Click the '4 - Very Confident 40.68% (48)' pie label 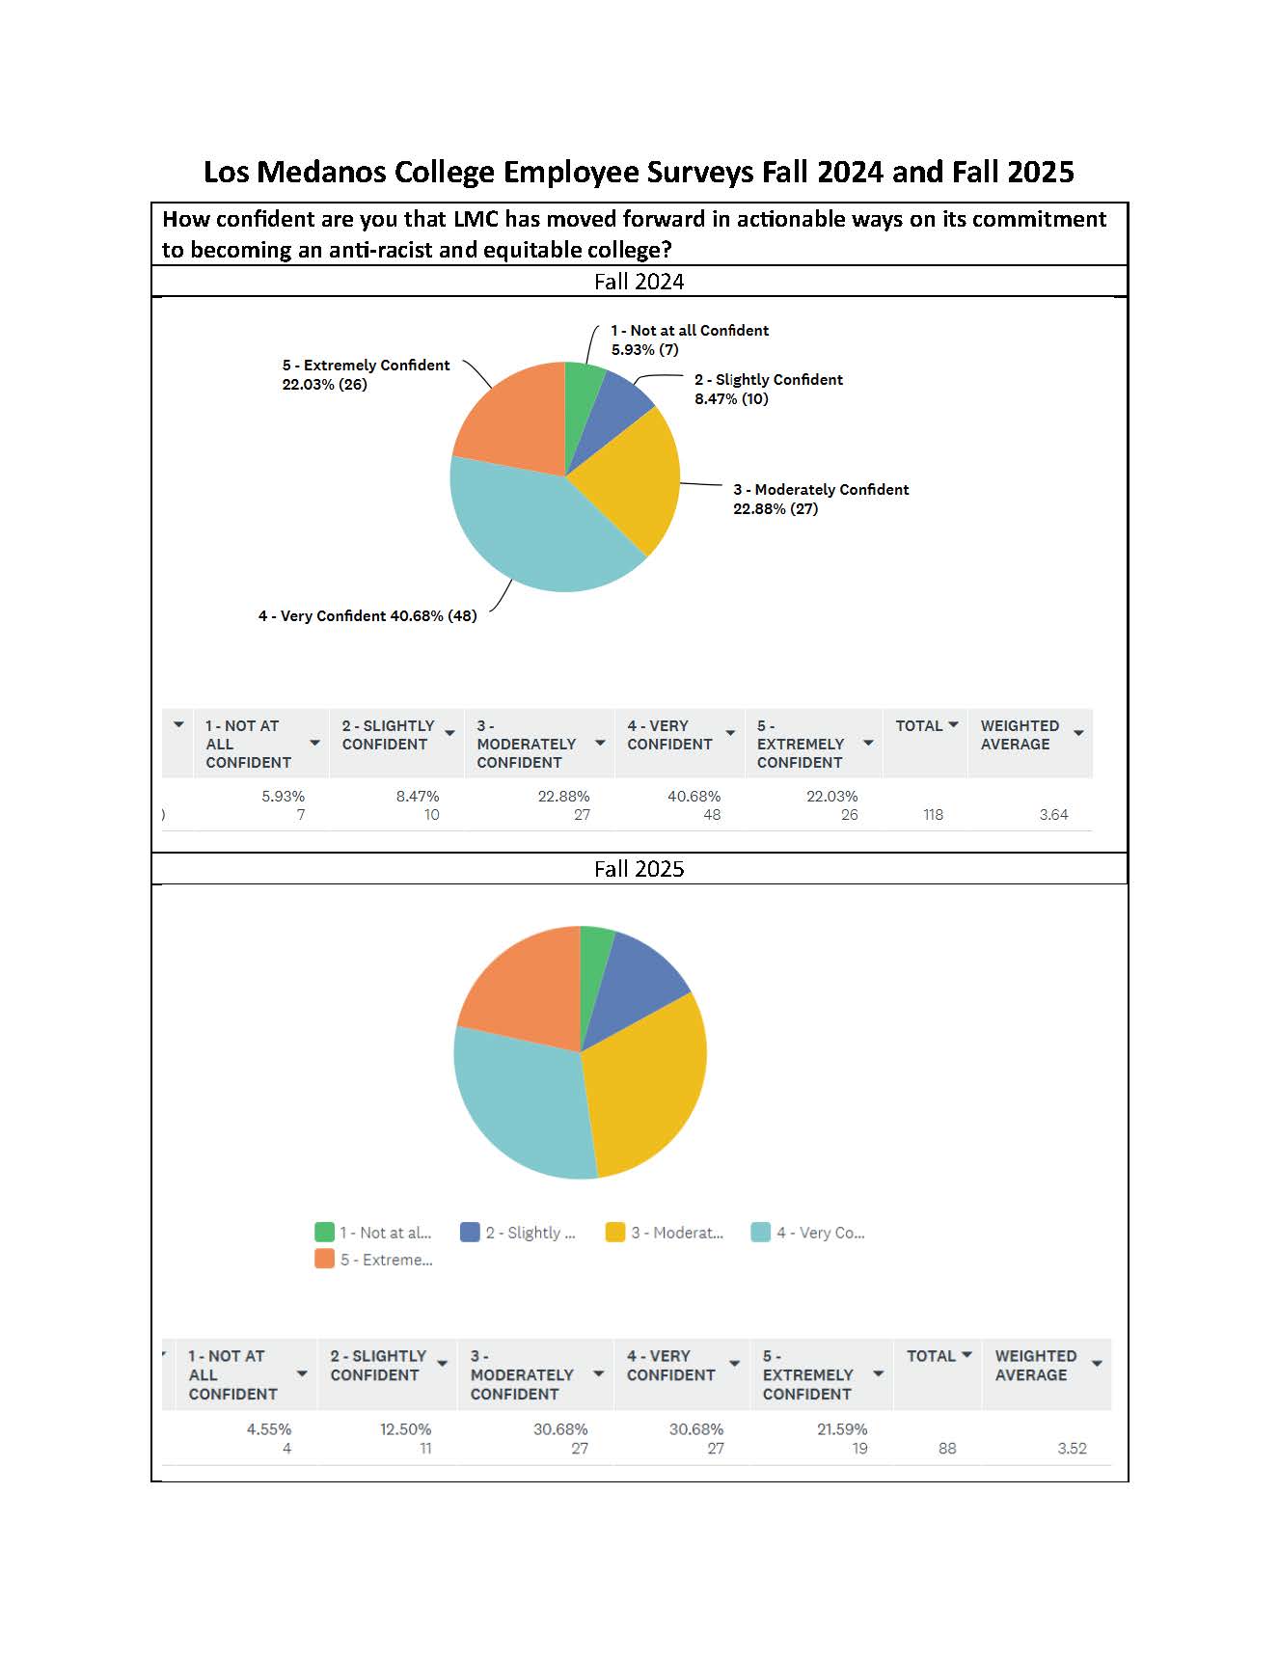(x=367, y=616)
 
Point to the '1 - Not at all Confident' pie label (x=690, y=331)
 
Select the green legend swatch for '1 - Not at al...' (x=325, y=1232)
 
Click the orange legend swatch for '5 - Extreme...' (x=325, y=1259)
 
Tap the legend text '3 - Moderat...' (x=676, y=1233)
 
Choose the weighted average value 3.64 (x=1053, y=815)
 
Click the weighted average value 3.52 (x=1072, y=1448)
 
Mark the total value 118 (x=933, y=815)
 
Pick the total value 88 (x=947, y=1448)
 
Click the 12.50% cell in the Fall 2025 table (x=405, y=1429)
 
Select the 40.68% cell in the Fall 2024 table (x=694, y=797)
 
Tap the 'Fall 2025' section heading (x=639, y=869)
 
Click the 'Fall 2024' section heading (x=639, y=282)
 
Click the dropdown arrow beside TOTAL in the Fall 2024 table (x=953, y=724)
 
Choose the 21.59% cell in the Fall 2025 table (x=842, y=1429)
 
